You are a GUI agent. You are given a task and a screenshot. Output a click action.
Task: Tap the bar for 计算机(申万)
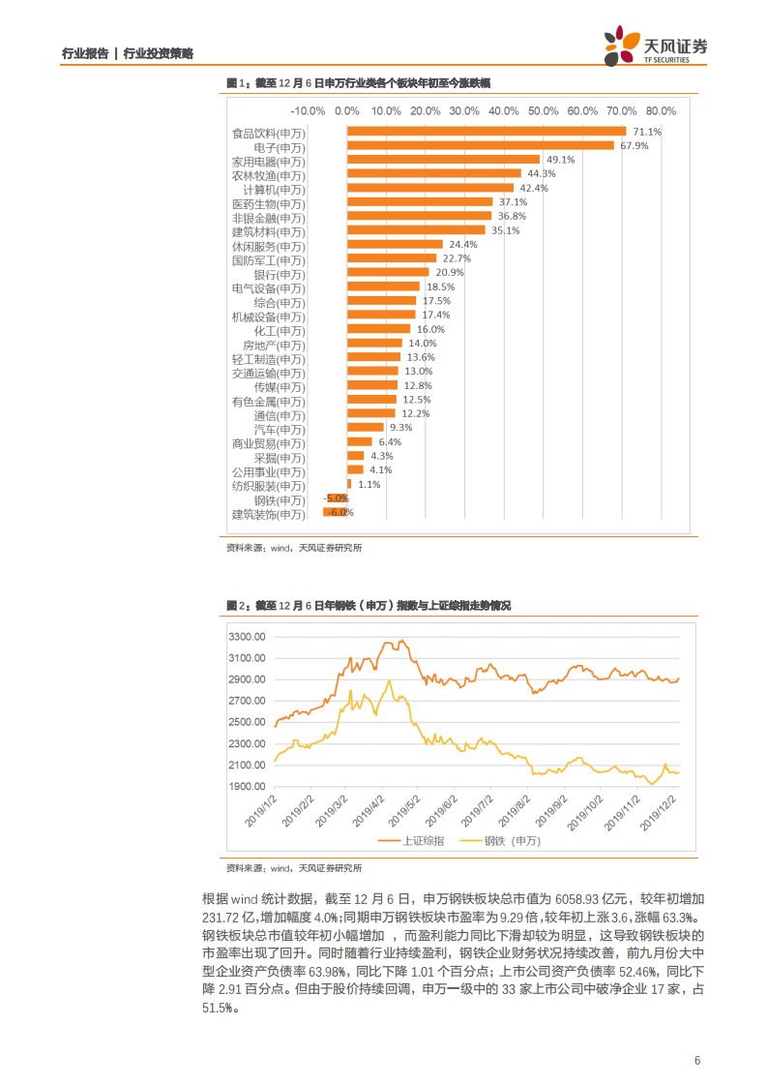[430, 188]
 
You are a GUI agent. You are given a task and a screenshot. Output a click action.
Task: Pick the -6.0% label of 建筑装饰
[340, 512]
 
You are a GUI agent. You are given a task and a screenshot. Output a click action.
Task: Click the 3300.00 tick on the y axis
[247, 637]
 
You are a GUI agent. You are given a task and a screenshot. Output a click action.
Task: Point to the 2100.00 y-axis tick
[247, 766]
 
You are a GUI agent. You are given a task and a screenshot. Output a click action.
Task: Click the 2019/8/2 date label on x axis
[505, 805]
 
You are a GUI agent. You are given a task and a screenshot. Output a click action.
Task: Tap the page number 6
[696, 1060]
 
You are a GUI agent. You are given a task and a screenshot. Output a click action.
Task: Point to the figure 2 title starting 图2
[368, 606]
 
